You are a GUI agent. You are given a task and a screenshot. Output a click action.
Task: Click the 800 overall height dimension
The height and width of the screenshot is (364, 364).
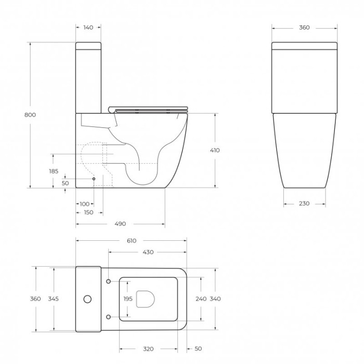(30, 115)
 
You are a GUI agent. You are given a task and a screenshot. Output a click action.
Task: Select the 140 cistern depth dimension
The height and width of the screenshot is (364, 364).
(88, 28)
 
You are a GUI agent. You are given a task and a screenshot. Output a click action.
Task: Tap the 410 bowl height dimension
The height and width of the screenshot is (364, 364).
(215, 150)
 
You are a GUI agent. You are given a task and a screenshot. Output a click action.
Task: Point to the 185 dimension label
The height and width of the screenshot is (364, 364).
(53, 171)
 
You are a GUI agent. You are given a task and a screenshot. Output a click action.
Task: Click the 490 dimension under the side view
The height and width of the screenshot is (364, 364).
(120, 224)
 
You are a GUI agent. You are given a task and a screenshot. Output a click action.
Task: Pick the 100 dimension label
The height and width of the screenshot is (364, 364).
(84, 204)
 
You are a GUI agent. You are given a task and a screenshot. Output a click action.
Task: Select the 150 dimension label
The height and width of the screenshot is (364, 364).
(88, 213)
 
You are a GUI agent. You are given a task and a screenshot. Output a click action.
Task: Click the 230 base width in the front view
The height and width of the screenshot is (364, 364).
(304, 203)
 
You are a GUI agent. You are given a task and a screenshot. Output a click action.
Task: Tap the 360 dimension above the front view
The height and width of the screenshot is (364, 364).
(304, 28)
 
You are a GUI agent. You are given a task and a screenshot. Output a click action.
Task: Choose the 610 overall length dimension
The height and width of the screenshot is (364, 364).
(131, 241)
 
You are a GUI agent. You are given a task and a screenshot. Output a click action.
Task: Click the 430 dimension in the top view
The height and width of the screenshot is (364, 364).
(148, 252)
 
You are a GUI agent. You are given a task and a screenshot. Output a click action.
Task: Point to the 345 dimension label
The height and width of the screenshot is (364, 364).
(53, 299)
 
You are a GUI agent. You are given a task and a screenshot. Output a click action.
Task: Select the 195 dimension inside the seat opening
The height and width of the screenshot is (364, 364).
(128, 299)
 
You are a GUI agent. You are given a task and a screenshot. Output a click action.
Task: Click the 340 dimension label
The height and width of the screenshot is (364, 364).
(215, 299)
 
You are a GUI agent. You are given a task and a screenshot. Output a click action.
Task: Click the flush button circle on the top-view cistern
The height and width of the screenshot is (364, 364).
(87, 299)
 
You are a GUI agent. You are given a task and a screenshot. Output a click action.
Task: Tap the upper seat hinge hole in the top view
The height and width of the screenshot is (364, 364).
(108, 282)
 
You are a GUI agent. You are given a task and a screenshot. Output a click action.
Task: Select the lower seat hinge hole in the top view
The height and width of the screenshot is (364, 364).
(108, 316)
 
